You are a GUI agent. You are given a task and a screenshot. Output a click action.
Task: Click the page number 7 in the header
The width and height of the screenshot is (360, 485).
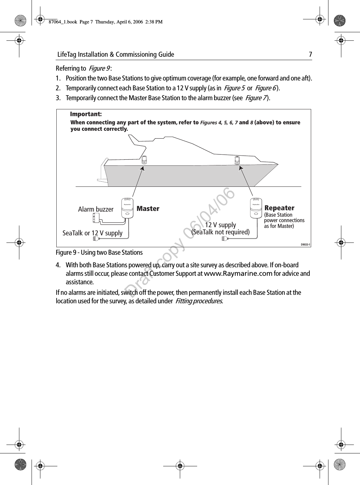pos(310,54)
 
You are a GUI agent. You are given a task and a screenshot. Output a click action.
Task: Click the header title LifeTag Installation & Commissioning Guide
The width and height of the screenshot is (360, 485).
pos(116,54)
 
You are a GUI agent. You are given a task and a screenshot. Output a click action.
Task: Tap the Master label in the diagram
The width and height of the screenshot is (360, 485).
pos(148,209)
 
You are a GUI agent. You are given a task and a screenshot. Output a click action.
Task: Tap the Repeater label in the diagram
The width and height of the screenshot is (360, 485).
pos(279,208)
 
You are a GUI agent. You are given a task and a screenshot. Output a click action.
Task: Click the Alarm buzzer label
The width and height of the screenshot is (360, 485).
pos(96,209)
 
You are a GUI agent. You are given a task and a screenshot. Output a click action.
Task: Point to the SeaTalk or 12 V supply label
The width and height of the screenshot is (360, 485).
pos(93,233)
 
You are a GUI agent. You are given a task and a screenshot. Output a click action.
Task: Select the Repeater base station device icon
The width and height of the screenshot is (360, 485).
pos(257,208)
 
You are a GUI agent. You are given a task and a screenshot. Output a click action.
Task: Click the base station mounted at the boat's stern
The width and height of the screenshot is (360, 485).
pos(144,160)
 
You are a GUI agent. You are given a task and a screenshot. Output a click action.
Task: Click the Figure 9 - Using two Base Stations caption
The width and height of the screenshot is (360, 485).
pos(99,252)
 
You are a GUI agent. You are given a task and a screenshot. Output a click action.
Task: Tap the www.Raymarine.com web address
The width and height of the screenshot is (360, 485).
pos(238,274)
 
